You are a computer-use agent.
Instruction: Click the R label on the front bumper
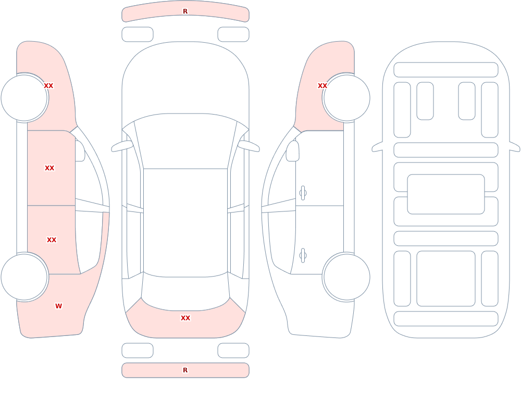pyautogui.click(x=185, y=11)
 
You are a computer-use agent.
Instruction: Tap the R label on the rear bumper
pyautogui.click(x=185, y=370)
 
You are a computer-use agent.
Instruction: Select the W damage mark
pyautogui.click(x=58, y=306)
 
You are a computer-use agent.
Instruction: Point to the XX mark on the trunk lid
pyautogui.click(x=185, y=318)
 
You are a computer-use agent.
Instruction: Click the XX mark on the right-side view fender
pyautogui.click(x=322, y=86)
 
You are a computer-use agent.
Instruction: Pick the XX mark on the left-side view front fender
pyautogui.click(x=48, y=86)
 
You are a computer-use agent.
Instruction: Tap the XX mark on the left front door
pyautogui.click(x=49, y=168)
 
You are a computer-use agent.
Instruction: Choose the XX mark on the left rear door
pyautogui.click(x=52, y=240)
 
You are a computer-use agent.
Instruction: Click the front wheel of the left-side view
pyautogui.click(x=24, y=98)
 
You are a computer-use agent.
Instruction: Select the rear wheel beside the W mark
pyautogui.click(x=24, y=277)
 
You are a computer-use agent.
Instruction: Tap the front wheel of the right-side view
pyautogui.click(x=346, y=98)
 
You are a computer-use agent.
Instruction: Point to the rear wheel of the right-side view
pyautogui.click(x=346, y=277)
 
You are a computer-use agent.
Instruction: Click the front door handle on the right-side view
pyautogui.click(x=303, y=193)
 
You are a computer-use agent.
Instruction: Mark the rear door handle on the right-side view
pyautogui.click(x=303, y=256)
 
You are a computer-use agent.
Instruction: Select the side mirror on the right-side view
pyautogui.click(x=293, y=151)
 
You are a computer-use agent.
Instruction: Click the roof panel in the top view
pyautogui.click(x=185, y=222)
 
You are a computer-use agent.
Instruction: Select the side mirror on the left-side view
pyautogui.click(x=80, y=151)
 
